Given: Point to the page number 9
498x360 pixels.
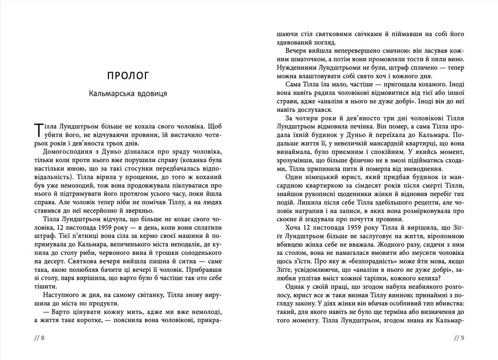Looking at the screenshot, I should pos(462,339).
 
